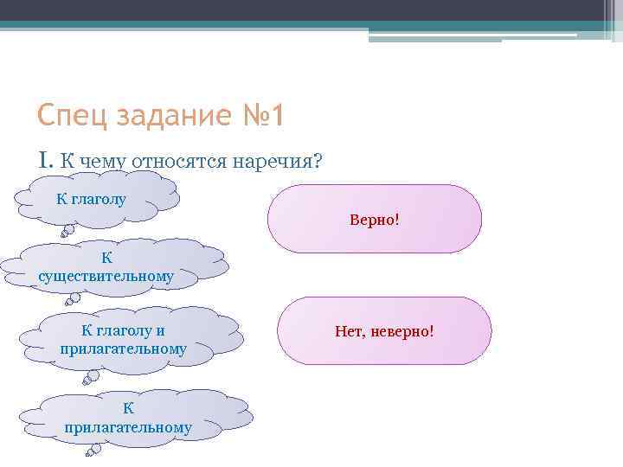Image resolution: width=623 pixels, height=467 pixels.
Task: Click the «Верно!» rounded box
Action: [x=374, y=219]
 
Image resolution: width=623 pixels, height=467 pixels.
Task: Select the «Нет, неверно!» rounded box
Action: [x=384, y=330]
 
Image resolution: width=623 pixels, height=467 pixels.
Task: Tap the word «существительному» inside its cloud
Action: [x=106, y=277]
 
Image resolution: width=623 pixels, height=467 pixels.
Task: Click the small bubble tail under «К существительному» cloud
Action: [x=74, y=301]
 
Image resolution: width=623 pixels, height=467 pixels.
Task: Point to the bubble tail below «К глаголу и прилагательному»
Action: [x=90, y=377]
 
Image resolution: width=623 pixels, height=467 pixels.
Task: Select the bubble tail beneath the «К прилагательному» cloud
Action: [x=90, y=451]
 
